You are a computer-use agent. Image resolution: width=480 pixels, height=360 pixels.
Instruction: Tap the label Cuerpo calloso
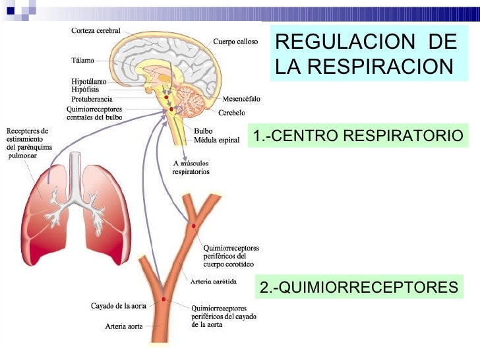(235, 42)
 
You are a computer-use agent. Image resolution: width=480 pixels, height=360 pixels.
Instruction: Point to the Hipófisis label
(85, 89)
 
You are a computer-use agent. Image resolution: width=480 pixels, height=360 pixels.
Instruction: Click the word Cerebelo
(232, 111)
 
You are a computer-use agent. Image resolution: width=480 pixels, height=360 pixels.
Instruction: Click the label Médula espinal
(216, 140)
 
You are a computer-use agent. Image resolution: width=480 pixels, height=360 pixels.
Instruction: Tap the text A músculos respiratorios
(191, 167)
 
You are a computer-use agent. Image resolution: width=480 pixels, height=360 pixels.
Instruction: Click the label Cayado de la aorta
(119, 305)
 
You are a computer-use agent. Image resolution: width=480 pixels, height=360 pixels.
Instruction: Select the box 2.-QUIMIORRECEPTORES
(358, 287)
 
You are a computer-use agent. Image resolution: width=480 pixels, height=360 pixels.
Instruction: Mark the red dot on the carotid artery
(194, 226)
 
